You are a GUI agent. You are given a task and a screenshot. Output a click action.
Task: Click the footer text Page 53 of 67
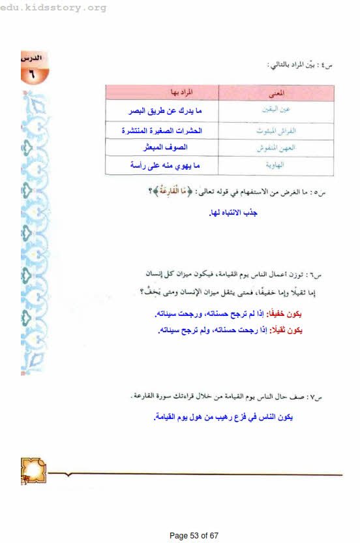point(194,535)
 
